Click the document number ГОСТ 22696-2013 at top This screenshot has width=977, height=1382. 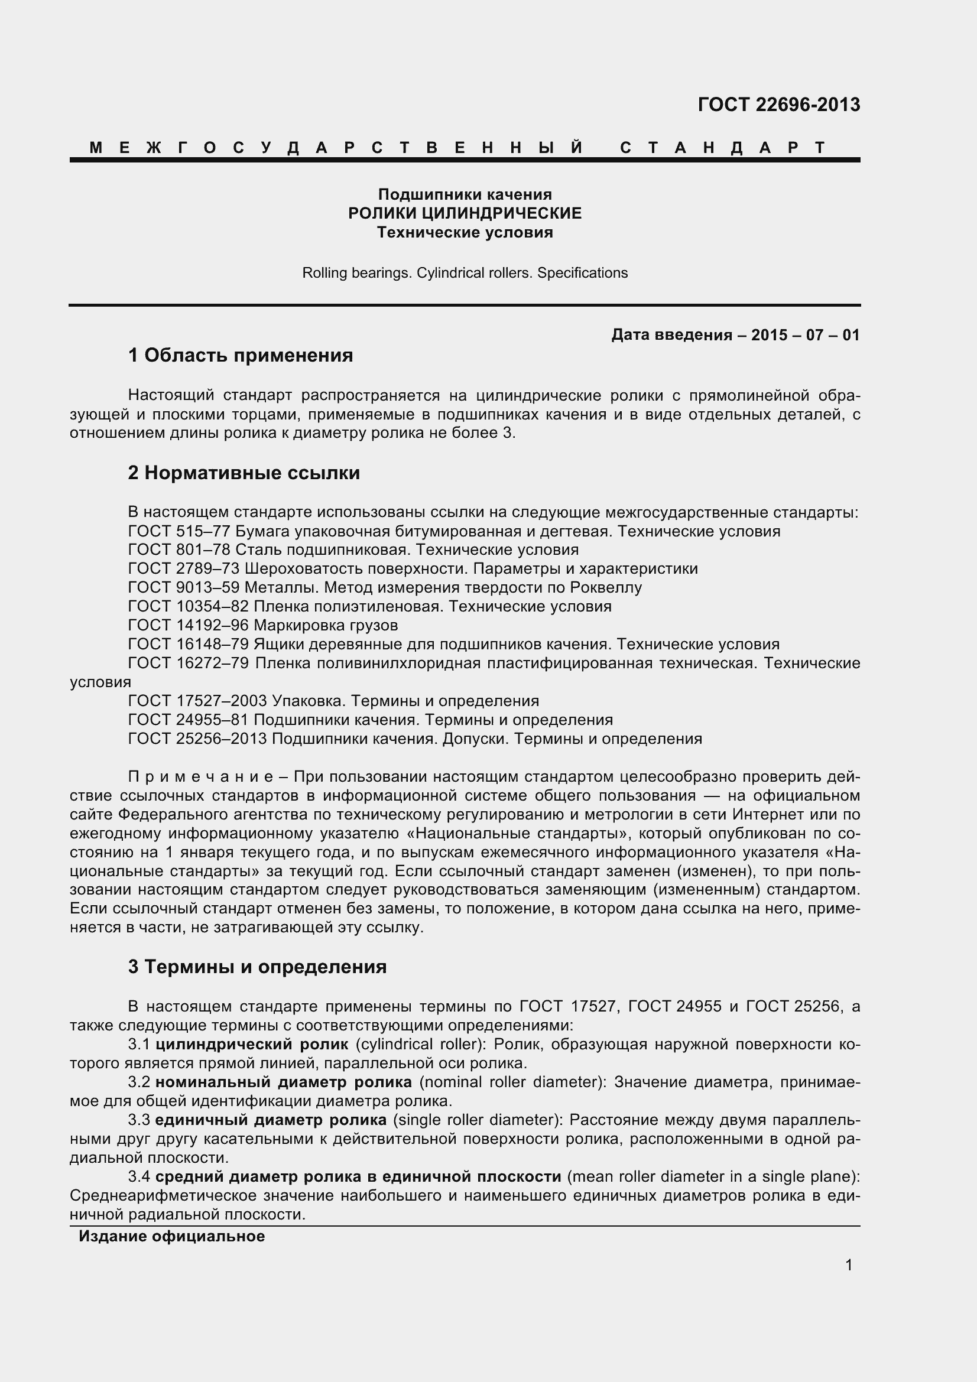778,105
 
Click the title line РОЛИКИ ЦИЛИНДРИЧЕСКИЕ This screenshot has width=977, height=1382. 465,213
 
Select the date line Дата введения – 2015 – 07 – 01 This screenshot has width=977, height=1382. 735,335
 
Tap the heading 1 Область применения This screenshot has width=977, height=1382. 240,356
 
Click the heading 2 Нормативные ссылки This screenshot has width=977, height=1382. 244,473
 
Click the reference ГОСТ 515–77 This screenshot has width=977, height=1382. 178,532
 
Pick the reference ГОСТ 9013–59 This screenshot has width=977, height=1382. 184,587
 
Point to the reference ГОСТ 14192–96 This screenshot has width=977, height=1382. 189,625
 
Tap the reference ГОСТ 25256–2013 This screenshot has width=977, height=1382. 197,739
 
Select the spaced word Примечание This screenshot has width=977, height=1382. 196,777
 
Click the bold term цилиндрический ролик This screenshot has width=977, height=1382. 252,1044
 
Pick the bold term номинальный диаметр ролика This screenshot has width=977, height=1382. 284,1082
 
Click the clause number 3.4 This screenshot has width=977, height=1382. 139,1177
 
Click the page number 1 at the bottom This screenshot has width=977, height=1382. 849,1265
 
